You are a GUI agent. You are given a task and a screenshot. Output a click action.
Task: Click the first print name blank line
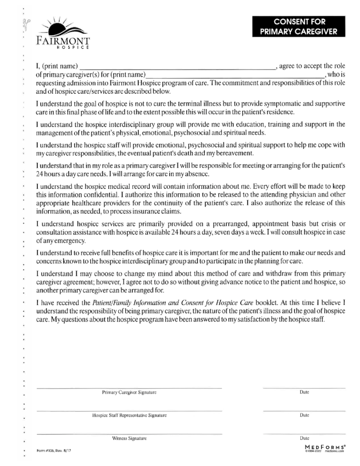tap(177, 68)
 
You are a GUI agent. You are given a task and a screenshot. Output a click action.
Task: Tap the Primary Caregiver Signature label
tap(129, 392)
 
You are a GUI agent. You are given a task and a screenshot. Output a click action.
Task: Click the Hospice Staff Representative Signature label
tap(129, 415)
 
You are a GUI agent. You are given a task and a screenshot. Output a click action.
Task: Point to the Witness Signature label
tap(129, 439)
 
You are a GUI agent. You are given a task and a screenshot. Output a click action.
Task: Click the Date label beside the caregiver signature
tap(304, 392)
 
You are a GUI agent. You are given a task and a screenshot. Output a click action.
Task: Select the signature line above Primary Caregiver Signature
tap(129, 388)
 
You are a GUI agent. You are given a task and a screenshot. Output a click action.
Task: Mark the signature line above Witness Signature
tap(129, 434)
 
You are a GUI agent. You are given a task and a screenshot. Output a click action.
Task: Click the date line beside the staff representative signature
tap(304, 411)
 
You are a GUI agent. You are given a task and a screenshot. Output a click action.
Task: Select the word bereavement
tap(230, 153)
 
